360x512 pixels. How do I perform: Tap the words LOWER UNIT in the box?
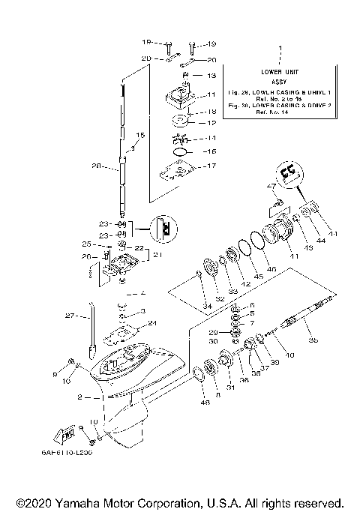coord(280,71)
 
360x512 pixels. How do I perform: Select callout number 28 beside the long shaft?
coord(95,166)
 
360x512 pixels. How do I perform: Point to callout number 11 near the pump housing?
coord(211,94)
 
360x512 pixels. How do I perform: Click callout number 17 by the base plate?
coord(211,166)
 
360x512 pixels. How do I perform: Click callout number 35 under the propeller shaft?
coord(313,340)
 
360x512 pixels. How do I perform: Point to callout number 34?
coord(206,307)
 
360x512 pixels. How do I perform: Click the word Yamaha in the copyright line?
coord(79,502)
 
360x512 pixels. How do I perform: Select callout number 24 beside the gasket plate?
coord(152,323)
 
